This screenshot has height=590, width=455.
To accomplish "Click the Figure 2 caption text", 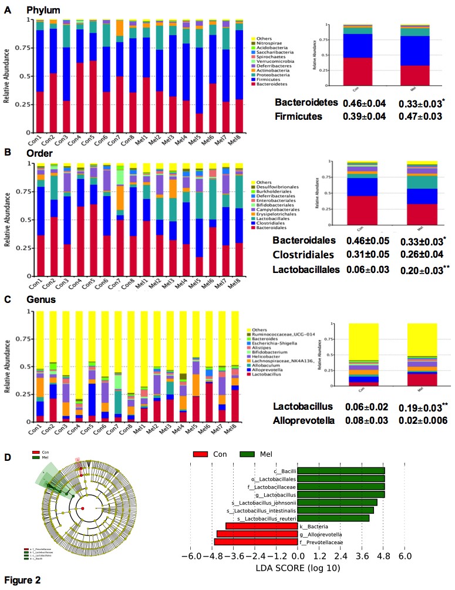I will (x=22, y=580).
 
